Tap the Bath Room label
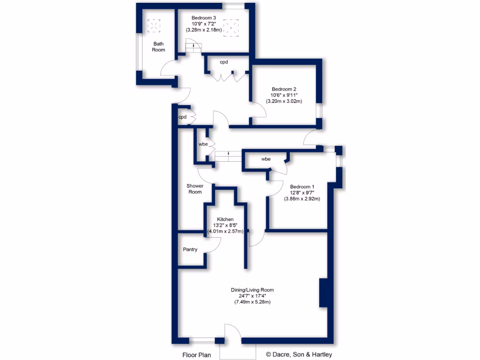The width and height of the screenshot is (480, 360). (x=158, y=46)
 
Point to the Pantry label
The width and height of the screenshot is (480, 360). (x=190, y=249)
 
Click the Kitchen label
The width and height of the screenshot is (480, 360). (x=225, y=219)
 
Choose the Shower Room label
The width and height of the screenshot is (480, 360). (x=195, y=189)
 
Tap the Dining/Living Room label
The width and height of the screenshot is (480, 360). (x=252, y=290)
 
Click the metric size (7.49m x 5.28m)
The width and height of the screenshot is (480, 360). (x=252, y=302)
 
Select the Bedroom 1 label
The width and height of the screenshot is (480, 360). (x=302, y=186)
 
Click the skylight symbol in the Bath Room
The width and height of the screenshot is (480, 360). (x=154, y=26)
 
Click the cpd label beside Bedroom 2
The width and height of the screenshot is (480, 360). (x=224, y=61)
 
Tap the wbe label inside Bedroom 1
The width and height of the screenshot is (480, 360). (x=266, y=159)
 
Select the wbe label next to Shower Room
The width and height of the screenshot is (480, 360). (x=203, y=144)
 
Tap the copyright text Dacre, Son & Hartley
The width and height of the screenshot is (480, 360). (x=299, y=355)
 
